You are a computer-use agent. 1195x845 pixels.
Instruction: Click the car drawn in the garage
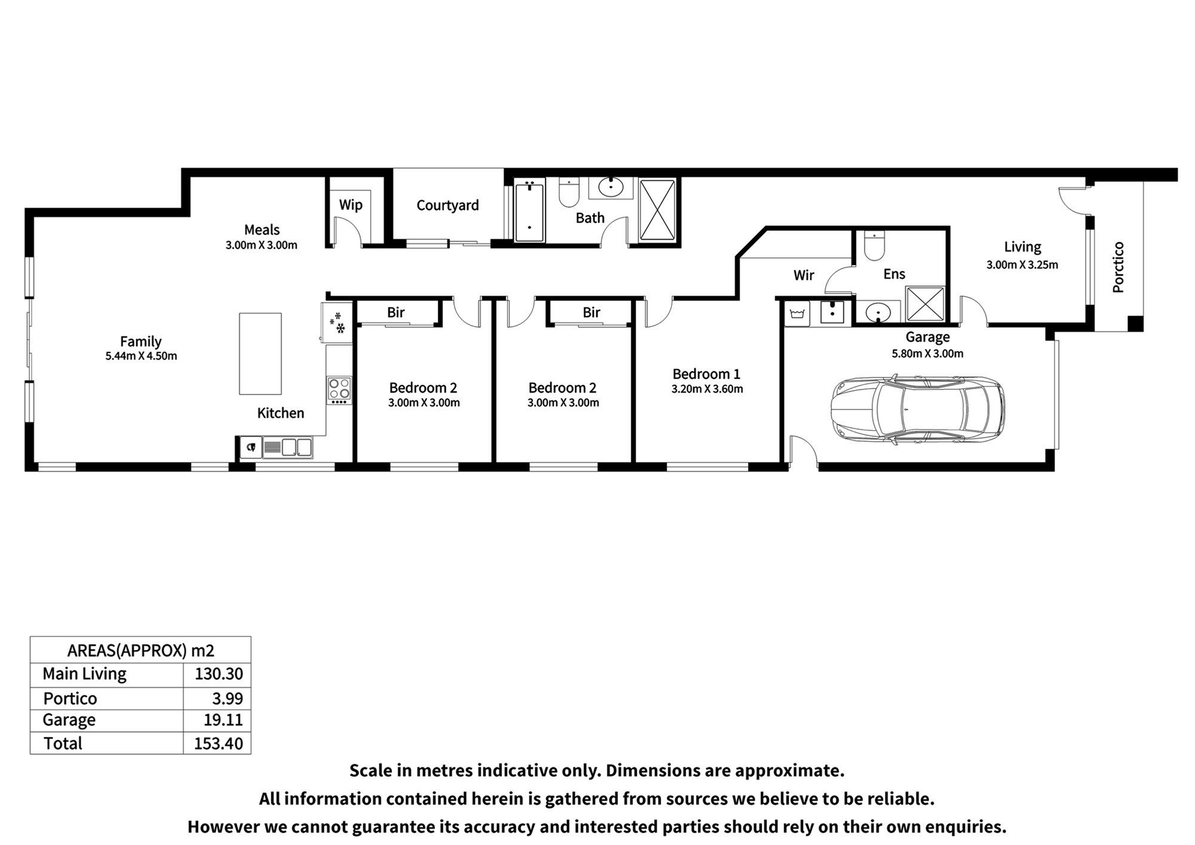pos(917,409)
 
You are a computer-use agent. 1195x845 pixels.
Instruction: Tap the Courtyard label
pos(448,206)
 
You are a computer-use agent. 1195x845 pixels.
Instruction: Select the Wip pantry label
pos(351,205)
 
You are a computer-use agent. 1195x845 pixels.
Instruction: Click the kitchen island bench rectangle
pos(261,354)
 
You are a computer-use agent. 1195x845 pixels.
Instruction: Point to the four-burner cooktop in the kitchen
pos(339,389)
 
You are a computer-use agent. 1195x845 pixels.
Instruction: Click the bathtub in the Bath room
pos(529,212)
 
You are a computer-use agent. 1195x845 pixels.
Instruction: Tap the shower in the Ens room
pos(925,304)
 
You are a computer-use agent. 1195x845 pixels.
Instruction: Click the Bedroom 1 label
pos(706,374)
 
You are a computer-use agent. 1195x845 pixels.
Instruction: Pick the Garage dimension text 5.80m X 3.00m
pos(927,354)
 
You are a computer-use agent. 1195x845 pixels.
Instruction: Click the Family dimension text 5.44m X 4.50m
pos(141,356)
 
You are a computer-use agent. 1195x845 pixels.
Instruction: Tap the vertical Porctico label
pos(1119,267)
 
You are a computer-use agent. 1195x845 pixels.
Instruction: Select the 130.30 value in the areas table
pos(219,674)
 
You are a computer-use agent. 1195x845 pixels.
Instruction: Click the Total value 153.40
pos(219,743)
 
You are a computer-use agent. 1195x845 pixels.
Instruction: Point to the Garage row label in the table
pos(69,720)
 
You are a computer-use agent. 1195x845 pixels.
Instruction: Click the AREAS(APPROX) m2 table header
pos(140,650)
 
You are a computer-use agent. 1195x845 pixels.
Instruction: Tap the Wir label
pos(804,275)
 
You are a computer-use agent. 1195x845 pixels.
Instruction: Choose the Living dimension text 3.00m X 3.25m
pos(1022,265)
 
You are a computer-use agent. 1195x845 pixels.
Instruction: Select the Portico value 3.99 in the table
pos(228,699)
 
